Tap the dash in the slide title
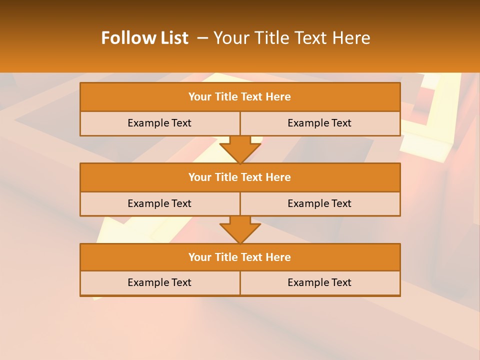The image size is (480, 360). [x=202, y=38]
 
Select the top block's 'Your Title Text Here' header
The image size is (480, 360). [x=239, y=97]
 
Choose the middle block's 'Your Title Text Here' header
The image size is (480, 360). [x=239, y=177]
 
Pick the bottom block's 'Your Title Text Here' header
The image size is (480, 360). [x=239, y=257]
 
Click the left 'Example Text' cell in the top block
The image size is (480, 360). [x=159, y=123]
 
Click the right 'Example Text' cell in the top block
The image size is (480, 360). [x=319, y=123]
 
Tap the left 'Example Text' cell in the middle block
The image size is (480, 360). [x=159, y=203]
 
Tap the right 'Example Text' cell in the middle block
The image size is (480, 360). [x=319, y=203]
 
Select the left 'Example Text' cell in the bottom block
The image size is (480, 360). [x=159, y=282]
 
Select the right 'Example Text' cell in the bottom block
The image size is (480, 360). [x=319, y=282]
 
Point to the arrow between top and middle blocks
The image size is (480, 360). [x=240, y=149]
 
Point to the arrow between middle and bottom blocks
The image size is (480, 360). [x=240, y=229]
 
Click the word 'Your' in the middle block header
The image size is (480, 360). [x=200, y=177]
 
